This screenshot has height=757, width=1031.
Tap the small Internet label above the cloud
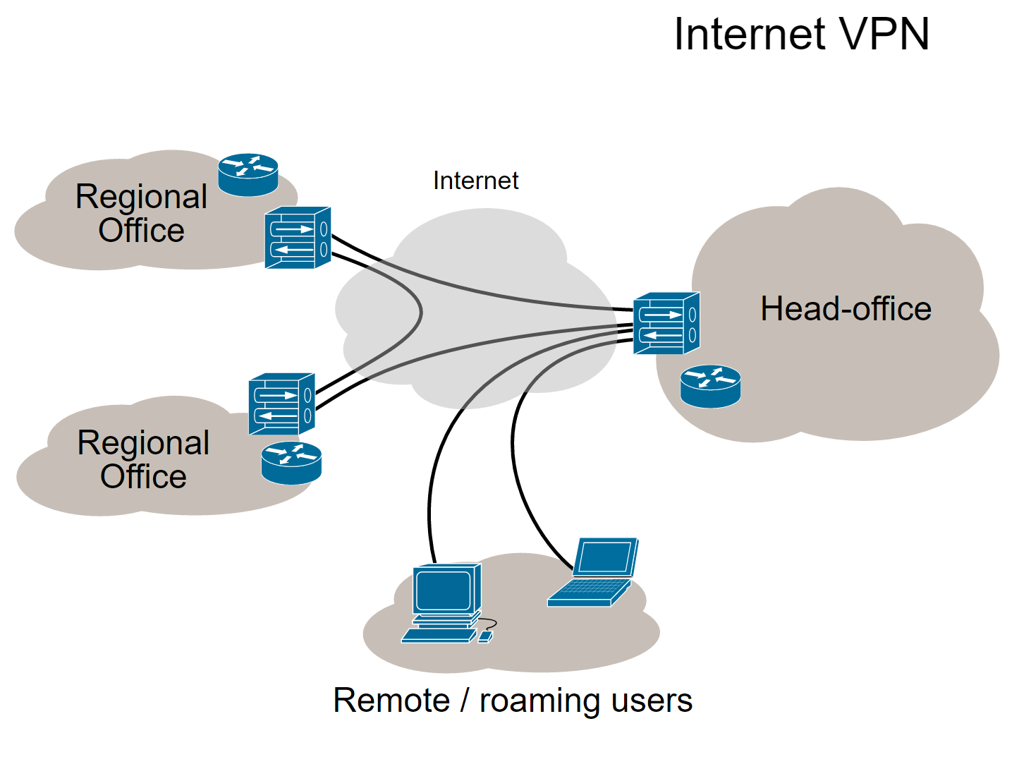click(x=475, y=181)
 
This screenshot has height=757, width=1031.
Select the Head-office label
click(x=846, y=309)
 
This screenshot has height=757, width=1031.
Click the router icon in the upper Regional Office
click(x=248, y=174)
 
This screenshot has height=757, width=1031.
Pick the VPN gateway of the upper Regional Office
click(x=298, y=238)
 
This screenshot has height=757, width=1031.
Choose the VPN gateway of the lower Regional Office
click(x=281, y=404)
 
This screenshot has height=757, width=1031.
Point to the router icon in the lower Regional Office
click(x=291, y=463)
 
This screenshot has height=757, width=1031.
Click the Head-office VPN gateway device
click(x=666, y=323)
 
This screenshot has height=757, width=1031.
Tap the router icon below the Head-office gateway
click(x=710, y=386)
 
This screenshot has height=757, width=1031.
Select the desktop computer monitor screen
click(x=443, y=591)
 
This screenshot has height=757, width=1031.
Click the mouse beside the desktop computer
click(x=484, y=636)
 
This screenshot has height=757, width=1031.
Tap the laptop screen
click(x=605, y=557)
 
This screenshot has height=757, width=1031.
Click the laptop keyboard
click(x=590, y=591)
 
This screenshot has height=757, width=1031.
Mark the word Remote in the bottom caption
click(x=391, y=701)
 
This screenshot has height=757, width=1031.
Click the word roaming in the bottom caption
click(x=540, y=701)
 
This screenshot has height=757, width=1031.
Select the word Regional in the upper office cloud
click(x=141, y=197)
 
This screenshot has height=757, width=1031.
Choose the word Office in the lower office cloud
click(x=143, y=476)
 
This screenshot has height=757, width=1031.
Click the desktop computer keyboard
click(x=439, y=635)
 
